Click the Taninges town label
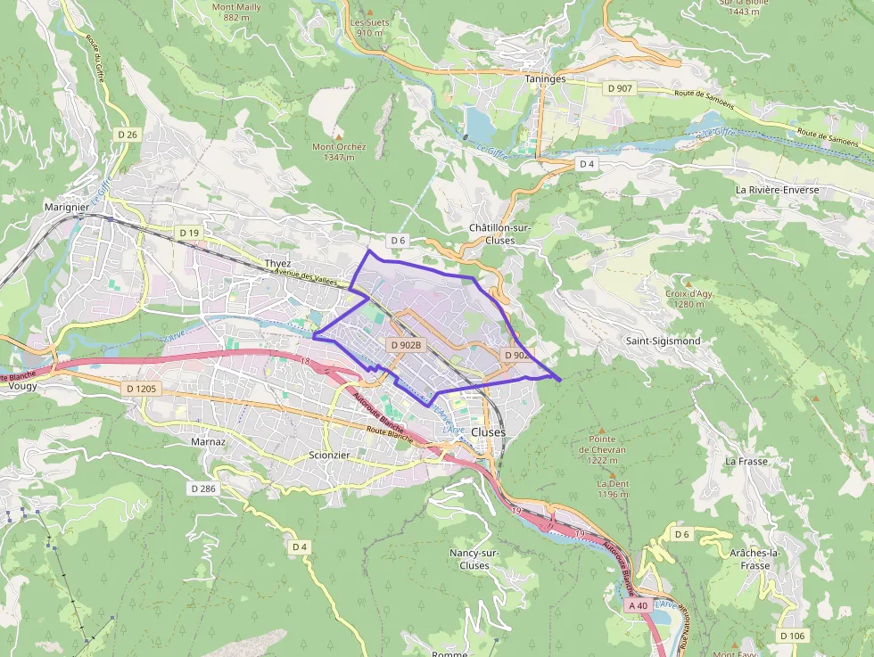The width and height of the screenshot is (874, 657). click(x=546, y=78)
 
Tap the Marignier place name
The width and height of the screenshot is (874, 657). click(x=66, y=207)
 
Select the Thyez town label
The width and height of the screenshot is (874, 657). click(x=277, y=264)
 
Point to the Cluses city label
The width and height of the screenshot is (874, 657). click(x=488, y=431)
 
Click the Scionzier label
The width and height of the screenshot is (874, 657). click(x=329, y=454)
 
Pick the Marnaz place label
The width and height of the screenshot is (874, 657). click(x=209, y=441)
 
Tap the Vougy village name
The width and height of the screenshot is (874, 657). click(x=21, y=387)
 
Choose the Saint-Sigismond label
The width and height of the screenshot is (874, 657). click(x=663, y=341)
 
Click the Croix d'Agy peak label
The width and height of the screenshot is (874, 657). click(x=689, y=298)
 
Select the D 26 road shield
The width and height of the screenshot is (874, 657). click(x=128, y=135)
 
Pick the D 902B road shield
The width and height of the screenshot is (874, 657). click(x=405, y=344)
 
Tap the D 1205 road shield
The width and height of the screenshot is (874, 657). click(x=141, y=389)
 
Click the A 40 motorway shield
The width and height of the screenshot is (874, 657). click(x=638, y=605)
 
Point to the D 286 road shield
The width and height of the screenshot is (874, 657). click(x=203, y=489)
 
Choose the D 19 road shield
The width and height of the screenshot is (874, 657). click(x=188, y=233)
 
